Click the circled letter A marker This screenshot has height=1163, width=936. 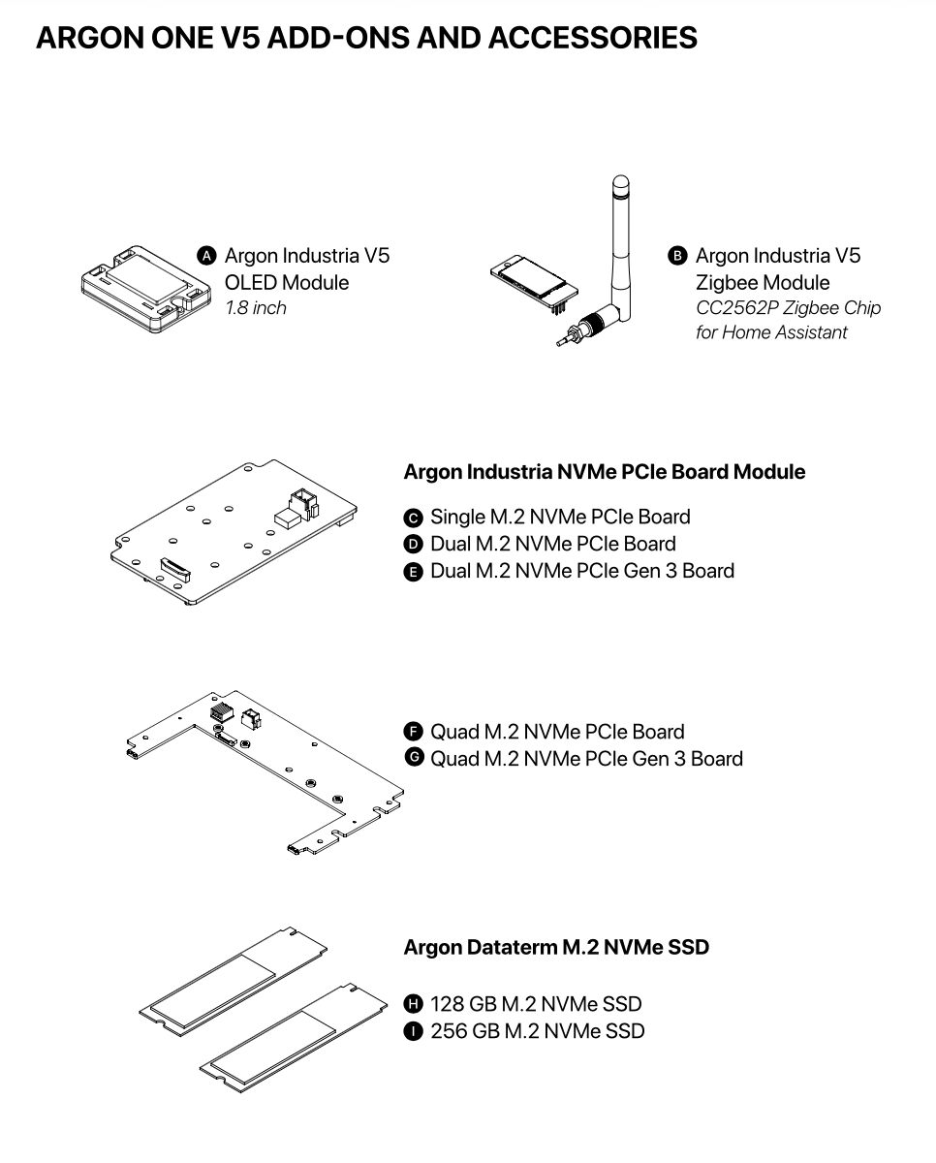tap(206, 256)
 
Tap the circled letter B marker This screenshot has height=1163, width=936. tap(677, 256)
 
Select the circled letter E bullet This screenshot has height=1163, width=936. tap(414, 572)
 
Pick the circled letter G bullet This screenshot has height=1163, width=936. tap(414, 758)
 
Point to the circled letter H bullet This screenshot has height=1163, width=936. tap(414, 1004)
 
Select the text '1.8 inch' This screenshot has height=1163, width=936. tap(256, 308)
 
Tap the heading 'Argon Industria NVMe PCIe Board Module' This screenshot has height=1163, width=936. tap(604, 472)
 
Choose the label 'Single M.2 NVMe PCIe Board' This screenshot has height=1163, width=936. tap(560, 517)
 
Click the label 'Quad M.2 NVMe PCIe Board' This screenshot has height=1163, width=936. tap(557, 732)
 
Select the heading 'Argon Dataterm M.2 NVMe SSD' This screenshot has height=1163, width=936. tap(556, 947)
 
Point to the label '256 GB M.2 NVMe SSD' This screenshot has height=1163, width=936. tap(537, 1030)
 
